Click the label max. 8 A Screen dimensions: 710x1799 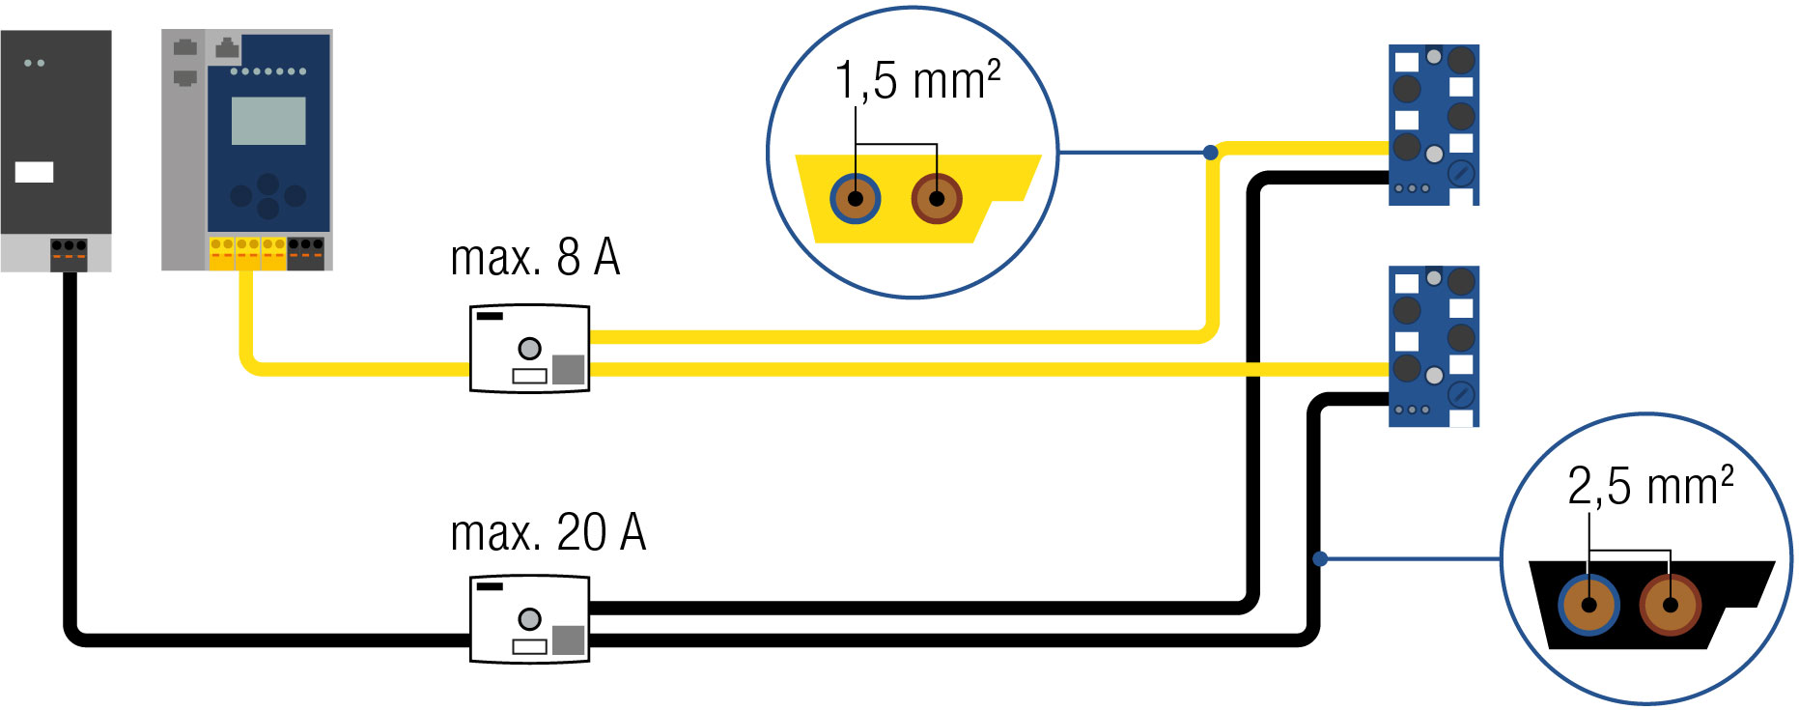point(535,258)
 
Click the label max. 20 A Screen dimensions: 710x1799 point(548,533)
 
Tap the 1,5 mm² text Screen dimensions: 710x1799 point(917,80)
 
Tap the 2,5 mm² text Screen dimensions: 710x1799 point(1650,486)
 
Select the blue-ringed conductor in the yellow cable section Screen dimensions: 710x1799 point(855,199)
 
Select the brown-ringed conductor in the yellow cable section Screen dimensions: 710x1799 point(936,199)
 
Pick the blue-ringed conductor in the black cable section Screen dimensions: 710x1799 point(1588,606)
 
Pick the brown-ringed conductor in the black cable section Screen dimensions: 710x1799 point(1670,606)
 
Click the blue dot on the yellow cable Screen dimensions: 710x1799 point(1211,153)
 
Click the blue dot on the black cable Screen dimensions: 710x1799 point(1320,559)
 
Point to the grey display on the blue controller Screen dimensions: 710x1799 point(268,121)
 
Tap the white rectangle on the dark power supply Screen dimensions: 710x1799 point(34,172)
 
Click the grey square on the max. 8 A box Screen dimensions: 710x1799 point(568,369)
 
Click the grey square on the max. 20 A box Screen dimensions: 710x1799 point(568,639)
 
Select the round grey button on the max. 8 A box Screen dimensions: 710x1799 point(529,348)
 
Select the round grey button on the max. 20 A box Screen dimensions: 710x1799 point(529,618)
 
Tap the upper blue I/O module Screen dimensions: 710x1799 point(1433,125)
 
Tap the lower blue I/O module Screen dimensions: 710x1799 point(1433,346)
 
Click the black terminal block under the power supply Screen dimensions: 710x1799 point(69,254)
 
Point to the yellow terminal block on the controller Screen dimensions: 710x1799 point(247,253)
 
